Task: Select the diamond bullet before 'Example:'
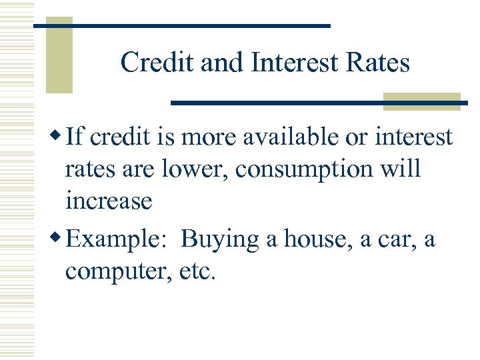[57, 237]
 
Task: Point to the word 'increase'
[109, 200]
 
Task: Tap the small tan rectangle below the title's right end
[422, 101]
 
